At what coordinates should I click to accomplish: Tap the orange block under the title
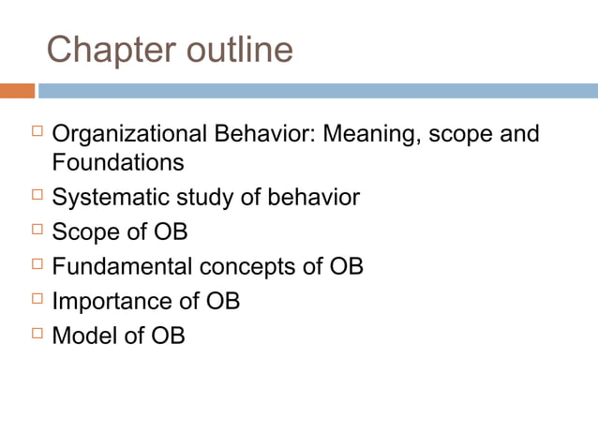coord(17,91)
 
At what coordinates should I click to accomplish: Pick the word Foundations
coord(118,163)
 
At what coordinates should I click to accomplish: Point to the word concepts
coord(247,266)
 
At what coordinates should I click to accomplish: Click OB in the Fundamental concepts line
coord(346,266)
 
